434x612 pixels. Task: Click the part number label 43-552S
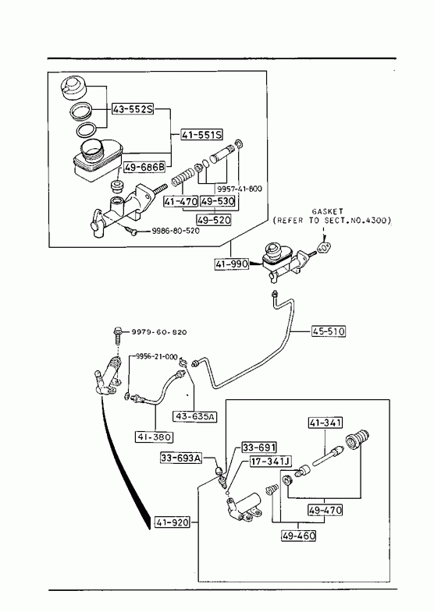click(133, 109)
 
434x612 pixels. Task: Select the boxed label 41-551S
click(201, 135)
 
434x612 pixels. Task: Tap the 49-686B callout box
click(144, 168)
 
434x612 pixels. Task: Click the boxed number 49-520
click(214, 220)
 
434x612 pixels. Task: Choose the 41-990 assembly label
click(232, 264)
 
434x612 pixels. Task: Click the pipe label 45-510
click(329, 331)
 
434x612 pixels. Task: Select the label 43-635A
click(195, 416)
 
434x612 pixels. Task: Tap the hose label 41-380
click(155, 437)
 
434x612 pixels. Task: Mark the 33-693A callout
click(181, 458)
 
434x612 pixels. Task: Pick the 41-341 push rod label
click(325, 423)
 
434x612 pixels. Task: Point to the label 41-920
click(173, 522)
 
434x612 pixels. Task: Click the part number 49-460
click(298, 536)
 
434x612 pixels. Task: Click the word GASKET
click(327, 211)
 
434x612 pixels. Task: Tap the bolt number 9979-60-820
click(159, 332)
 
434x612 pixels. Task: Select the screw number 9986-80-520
click(175, 231)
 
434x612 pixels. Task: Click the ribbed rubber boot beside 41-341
click(357, 440)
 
